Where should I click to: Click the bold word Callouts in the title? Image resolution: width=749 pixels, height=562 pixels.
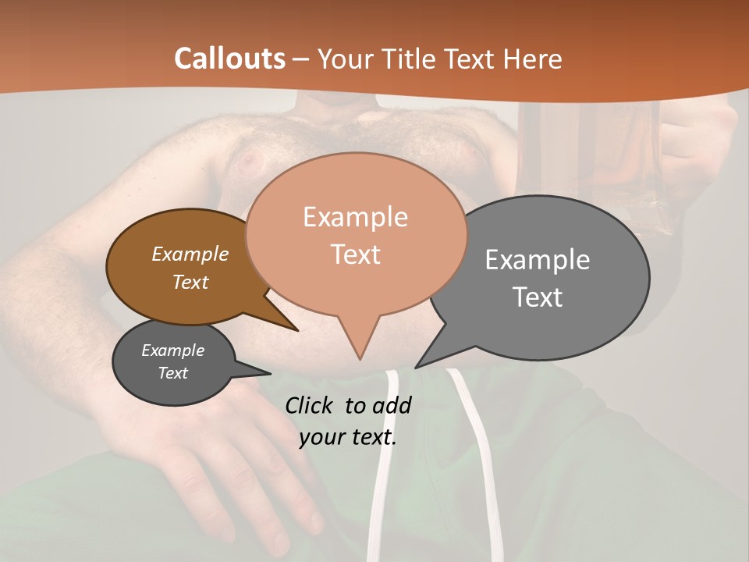tap(229, 59)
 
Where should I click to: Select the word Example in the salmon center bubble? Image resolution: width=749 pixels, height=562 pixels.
tap(355, 217)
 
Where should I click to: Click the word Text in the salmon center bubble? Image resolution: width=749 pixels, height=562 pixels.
tap(355, 254)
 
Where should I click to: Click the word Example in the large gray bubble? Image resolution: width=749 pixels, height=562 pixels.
tap(537, 260)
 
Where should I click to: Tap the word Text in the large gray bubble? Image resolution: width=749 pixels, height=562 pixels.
tap(538, 297)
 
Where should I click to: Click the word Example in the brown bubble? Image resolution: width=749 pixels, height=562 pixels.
tap(190, 254)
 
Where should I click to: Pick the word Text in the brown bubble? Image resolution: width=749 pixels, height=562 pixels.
tap(190, 282)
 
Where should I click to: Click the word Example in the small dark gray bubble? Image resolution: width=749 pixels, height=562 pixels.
tap(172, 350)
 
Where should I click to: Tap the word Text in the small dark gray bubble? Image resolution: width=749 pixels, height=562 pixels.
tap(172, 373)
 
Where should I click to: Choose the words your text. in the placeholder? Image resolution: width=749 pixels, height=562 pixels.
tap(347, 437)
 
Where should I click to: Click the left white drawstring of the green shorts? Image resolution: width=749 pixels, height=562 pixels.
tap(385, 468)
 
